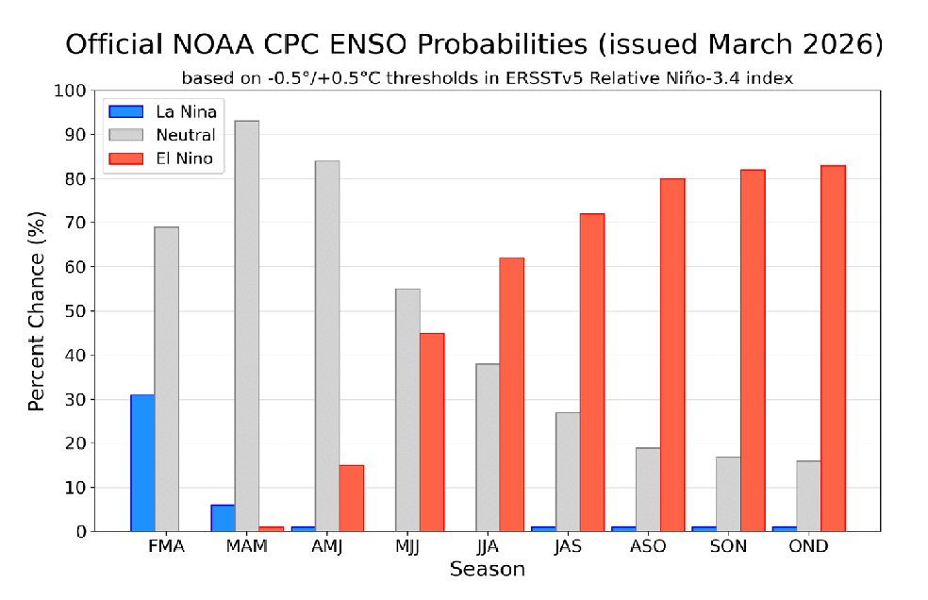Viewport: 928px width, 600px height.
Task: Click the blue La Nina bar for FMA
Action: (142, 463)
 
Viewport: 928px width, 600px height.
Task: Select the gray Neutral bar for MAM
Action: (247, 325)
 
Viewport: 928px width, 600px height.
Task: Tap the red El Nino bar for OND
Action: (833, 348)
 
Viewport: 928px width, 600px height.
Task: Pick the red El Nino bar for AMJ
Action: (352, 498)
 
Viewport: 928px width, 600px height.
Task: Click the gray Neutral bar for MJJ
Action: (407, 409)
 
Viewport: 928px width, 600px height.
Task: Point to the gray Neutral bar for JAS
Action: (568, 472)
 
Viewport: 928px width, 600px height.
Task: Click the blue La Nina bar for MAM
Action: (223, 518)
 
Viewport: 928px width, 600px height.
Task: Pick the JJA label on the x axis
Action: (488, 547)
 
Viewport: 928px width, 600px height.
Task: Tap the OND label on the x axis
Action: (808, 547)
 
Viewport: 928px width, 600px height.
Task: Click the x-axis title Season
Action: (487, 570)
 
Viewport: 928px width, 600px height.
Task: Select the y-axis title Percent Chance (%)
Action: (36, 311)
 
